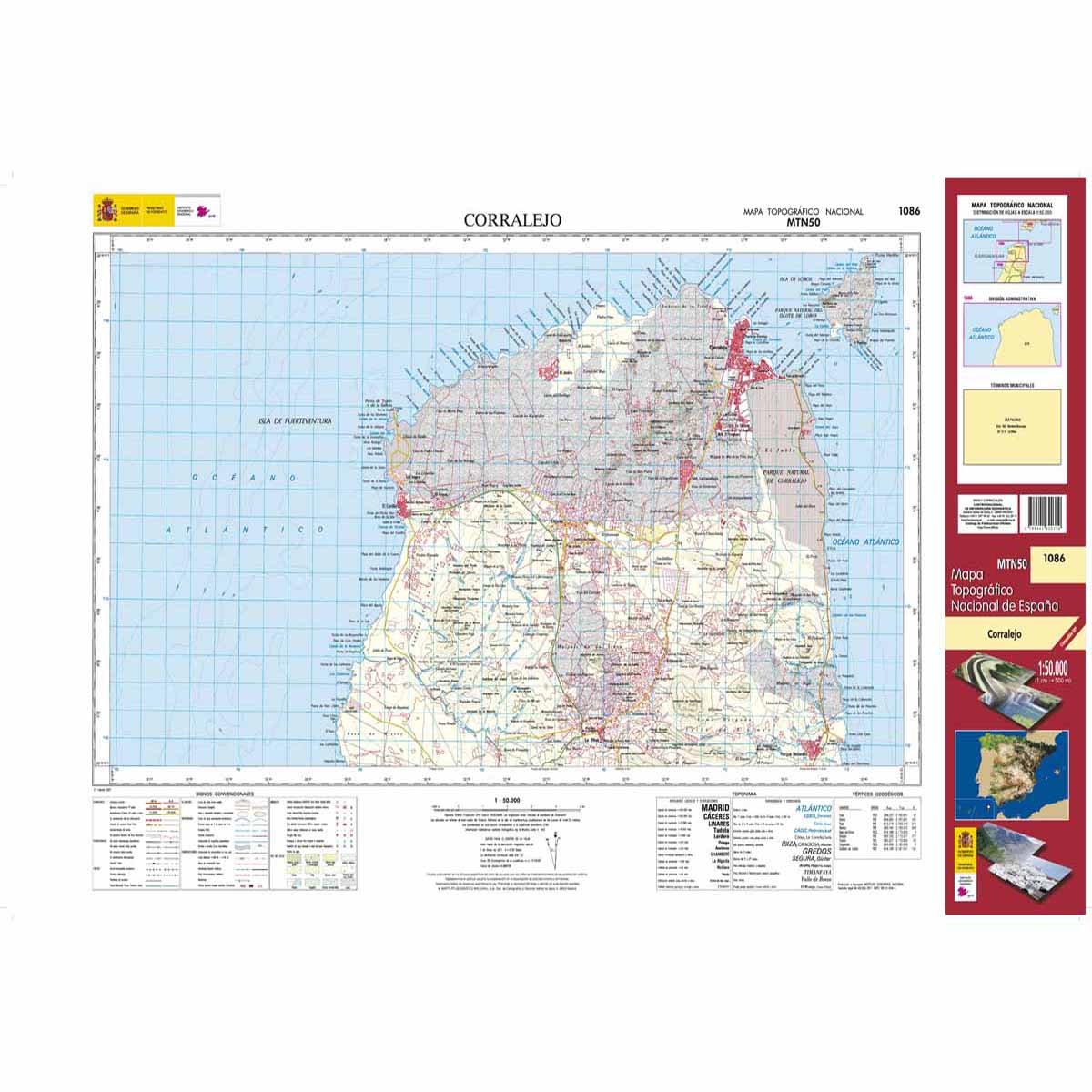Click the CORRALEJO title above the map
point(512,220)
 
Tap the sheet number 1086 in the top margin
point(908,211)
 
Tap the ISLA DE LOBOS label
point(795,277)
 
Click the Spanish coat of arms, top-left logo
point(106,211)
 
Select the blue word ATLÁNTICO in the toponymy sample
point(813,808)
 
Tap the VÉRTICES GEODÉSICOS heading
point(879,794)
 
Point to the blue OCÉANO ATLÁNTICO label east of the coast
point(864,542)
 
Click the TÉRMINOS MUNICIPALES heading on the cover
point(1012,386)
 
